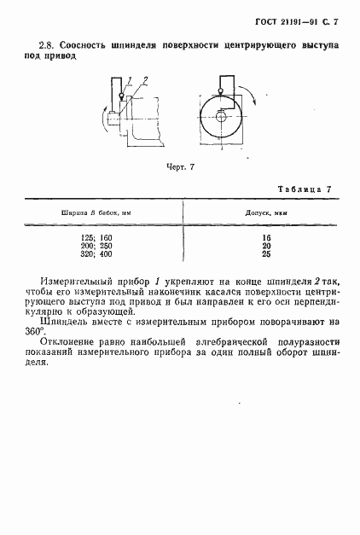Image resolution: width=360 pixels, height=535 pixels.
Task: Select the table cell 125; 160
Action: [99, 236]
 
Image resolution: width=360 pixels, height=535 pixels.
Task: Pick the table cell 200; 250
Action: [99, 246]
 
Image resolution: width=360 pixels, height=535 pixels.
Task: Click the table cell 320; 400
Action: [99, 255]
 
